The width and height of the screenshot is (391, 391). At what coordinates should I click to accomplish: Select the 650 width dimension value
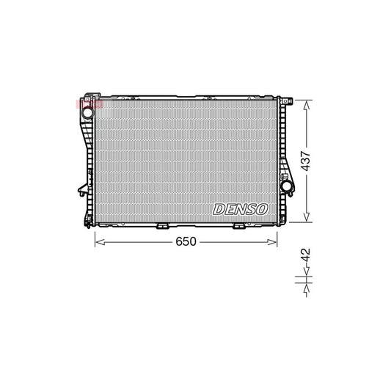point(187,241)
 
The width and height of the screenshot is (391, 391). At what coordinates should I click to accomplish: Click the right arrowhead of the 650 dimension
point(277,241)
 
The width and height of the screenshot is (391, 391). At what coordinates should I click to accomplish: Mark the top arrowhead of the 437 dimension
point(307,101)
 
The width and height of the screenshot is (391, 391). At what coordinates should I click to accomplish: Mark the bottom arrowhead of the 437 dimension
point(307,219)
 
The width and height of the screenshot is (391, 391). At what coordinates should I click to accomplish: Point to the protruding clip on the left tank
point(78,192)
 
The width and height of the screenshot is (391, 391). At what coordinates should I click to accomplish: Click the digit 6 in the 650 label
point(178,241)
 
